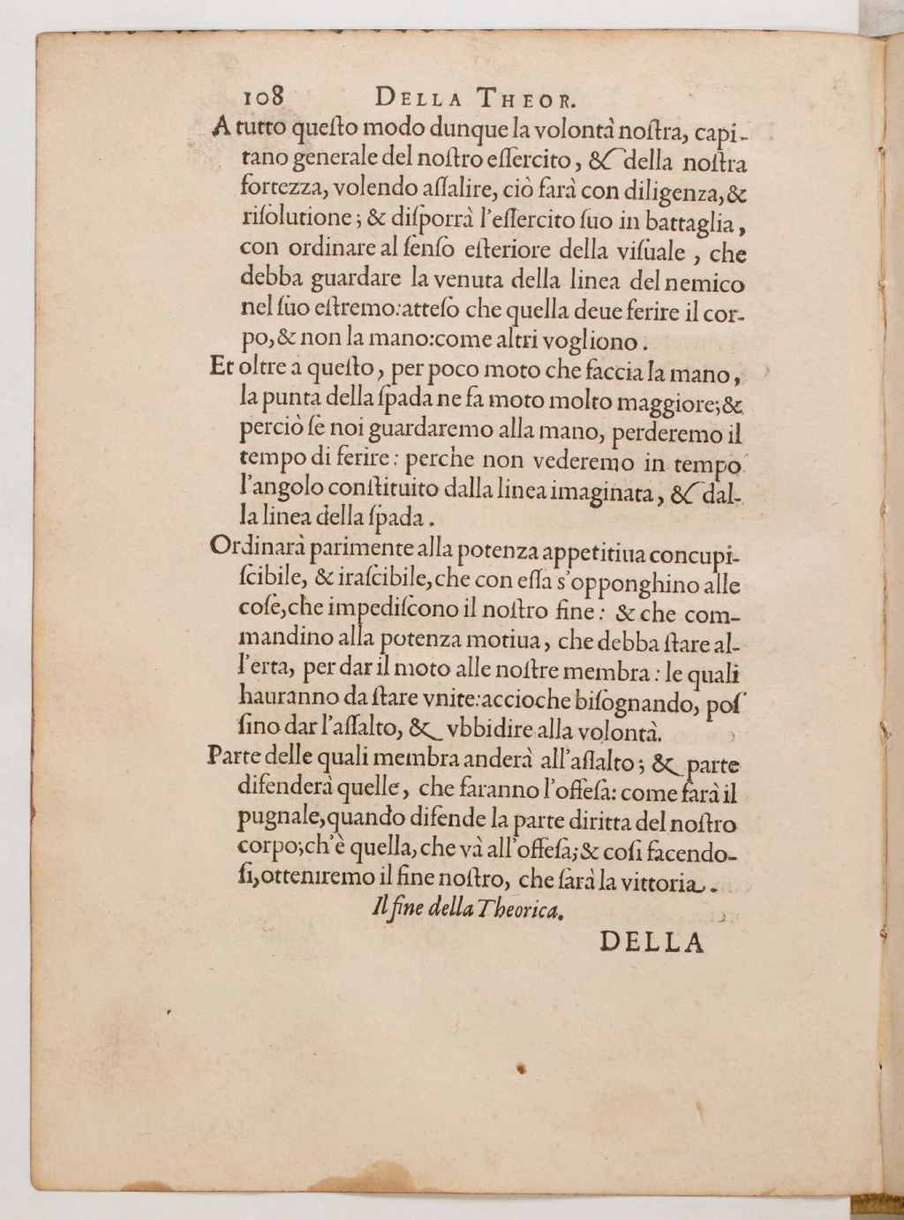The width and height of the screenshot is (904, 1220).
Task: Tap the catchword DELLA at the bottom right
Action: (x=652, y=943)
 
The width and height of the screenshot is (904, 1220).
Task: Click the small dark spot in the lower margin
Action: (x=522, y=1069)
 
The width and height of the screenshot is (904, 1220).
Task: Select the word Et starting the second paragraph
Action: (x=221, y=367)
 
